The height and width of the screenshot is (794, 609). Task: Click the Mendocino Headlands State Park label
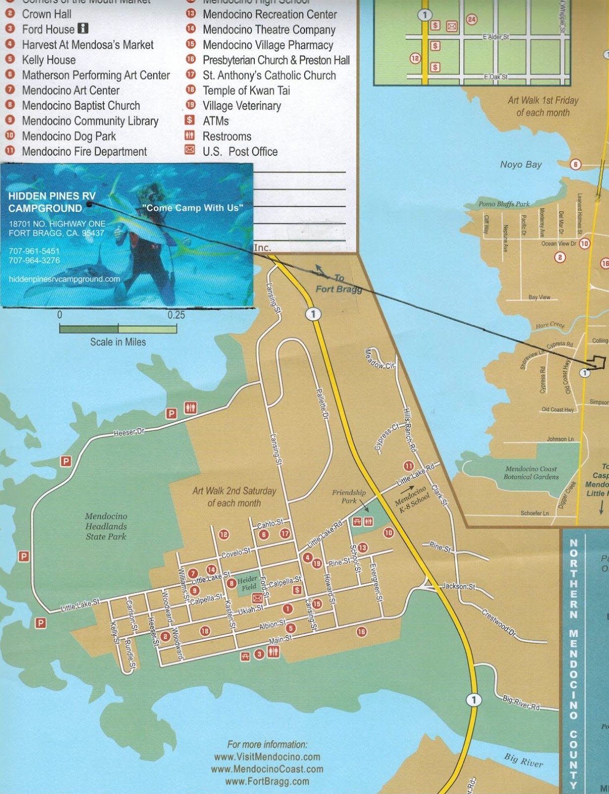click(106, 527)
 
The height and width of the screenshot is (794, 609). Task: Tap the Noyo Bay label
click(521, 165)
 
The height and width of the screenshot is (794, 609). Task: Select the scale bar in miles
click(118, 329)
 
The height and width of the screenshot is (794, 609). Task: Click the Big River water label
click(523, 760)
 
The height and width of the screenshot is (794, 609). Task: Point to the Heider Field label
click(247, 583)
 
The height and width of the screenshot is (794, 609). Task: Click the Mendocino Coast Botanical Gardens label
click(531, 472)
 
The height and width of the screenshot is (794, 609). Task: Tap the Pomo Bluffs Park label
click(504, 204)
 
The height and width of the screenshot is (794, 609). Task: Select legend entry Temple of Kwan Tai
click(246, 90)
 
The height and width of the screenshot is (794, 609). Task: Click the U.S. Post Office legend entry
click(240, 151)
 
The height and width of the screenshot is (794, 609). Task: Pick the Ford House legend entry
click(48, 29)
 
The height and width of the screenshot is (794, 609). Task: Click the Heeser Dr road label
click(129, 432)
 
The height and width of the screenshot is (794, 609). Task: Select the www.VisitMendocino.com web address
click(267, 757)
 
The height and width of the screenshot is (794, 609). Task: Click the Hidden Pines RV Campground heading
click(52, 202)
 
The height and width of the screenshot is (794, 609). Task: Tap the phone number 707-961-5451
click(34, 251)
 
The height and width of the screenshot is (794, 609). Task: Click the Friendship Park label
click(349, 496)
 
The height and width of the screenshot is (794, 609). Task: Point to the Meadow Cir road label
click(379, 359)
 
